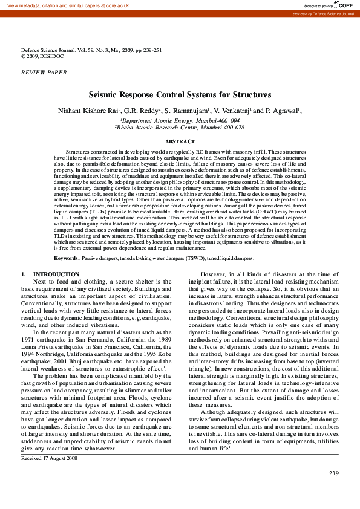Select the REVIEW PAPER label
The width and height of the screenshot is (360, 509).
point(44,72)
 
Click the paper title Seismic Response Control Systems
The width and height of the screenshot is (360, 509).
point(180,95)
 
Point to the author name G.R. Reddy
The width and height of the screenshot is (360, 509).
point(143,111)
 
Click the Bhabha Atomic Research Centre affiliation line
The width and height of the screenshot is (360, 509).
point(180,128)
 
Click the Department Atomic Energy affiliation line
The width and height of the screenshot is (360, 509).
point(180,121)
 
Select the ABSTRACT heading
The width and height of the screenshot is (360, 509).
point(180,141)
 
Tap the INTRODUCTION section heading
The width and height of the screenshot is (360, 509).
point(56,274)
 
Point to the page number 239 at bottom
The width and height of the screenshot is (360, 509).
point(333,490)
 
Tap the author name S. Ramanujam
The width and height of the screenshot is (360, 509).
point(187,111)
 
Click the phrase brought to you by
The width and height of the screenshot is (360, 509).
point(318,5)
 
